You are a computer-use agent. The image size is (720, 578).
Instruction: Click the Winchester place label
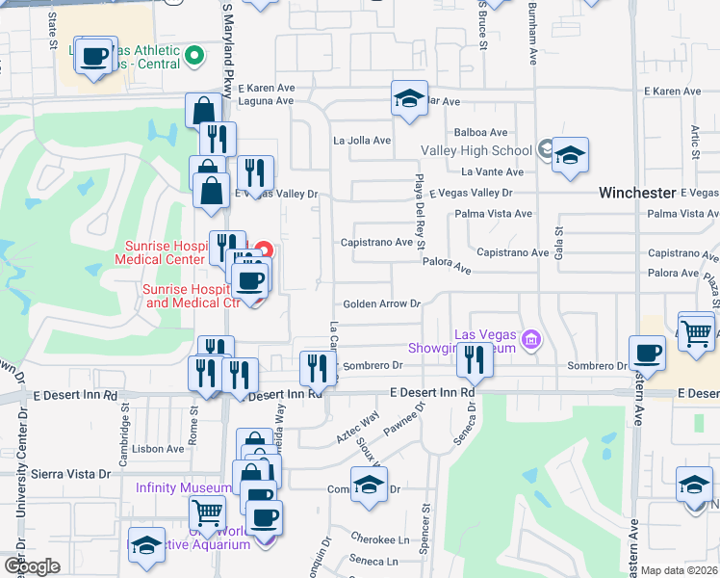[x=639, y=193]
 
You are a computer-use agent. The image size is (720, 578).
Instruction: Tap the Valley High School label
[x=476, y=150]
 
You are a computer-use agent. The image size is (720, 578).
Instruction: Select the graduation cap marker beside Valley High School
[x=570, y=156]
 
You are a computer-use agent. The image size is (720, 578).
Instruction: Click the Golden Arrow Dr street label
[x=383, y=303]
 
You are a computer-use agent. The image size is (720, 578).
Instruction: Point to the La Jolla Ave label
[x=362, y=141]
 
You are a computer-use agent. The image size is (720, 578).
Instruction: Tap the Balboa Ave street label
[x=480, y=133]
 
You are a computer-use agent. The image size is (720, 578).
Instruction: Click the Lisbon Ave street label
[x=159, y=449]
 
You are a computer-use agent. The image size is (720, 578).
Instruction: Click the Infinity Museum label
[x=182, y=488]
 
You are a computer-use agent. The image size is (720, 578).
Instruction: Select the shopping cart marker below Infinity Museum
[x=207, y=512]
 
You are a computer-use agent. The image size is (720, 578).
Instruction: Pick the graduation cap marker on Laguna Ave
[x=409, y=98]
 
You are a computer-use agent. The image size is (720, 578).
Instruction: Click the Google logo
[x=31, y=566]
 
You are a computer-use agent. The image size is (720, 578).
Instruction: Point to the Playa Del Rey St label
[x=420, y=215]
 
